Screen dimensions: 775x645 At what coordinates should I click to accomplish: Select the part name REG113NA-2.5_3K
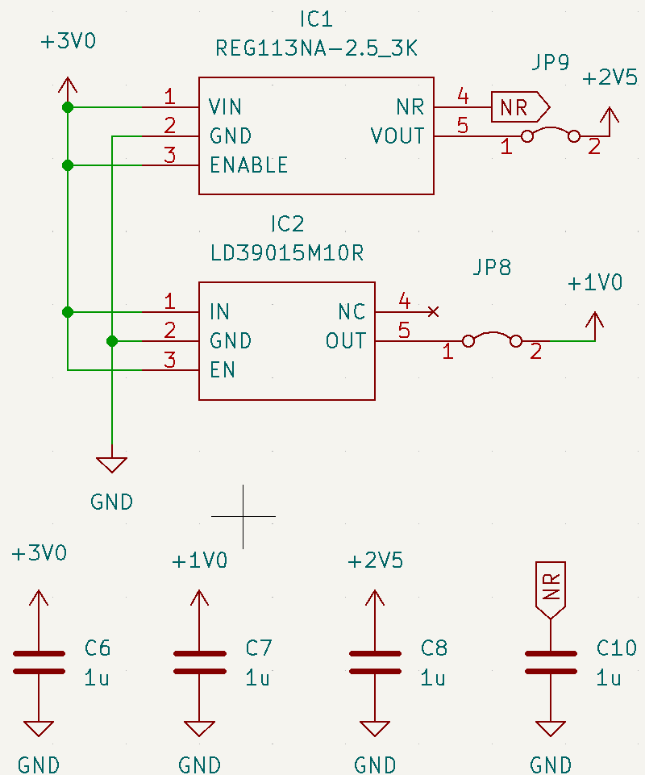(316, 48)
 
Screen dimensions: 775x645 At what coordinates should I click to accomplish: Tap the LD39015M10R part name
(286, 253)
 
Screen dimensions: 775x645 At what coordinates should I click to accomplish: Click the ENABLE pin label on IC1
(248, 165)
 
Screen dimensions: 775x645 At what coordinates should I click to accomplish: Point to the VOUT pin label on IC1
(397, 136)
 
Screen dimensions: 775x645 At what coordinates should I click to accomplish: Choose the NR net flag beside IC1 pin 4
(519, 107)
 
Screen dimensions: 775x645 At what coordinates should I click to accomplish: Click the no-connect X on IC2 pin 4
(433, 311)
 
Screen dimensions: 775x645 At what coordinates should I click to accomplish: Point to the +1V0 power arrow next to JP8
(595, 324)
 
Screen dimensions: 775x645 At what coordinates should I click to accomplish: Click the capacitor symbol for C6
(38, 662)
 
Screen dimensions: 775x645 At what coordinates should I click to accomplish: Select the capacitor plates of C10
(551, 662)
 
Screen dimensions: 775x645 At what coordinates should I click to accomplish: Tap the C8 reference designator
(434, 648)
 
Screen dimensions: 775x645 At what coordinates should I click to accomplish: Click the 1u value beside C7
(258, 678)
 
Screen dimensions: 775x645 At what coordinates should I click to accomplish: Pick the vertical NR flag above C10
(551, 586)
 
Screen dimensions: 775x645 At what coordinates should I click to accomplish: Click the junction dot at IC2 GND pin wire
(112, 341)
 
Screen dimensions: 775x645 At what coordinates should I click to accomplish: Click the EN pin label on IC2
(222, 370)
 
